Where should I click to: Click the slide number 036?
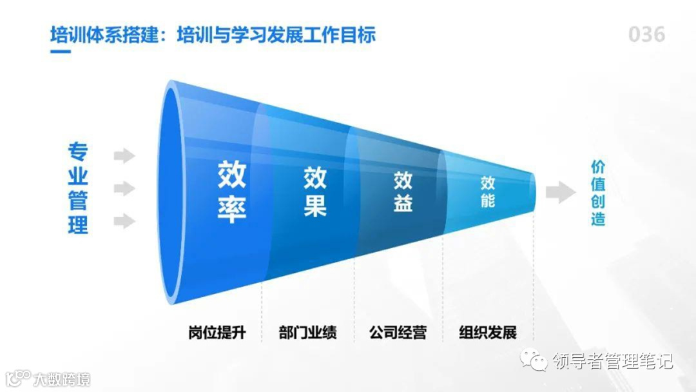(646, 34)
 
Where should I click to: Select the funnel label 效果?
(315, 191)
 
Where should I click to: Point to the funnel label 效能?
(488, 191)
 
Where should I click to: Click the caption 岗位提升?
(217, 333)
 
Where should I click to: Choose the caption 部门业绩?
(307, 333)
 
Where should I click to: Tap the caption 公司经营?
(398, 333)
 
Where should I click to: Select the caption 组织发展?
(488, 333)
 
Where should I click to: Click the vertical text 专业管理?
(78, 189)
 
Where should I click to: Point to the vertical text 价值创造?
(598, 192)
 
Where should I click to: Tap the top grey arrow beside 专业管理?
(124, 155)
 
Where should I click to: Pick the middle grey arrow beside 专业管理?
(124, 189)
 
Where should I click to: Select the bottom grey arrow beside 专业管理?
(124, 222)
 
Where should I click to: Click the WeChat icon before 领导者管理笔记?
(534, 360)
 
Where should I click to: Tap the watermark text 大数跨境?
(62, 378)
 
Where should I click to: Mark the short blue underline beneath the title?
(61, 51)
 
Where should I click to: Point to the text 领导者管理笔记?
(612, 361)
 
